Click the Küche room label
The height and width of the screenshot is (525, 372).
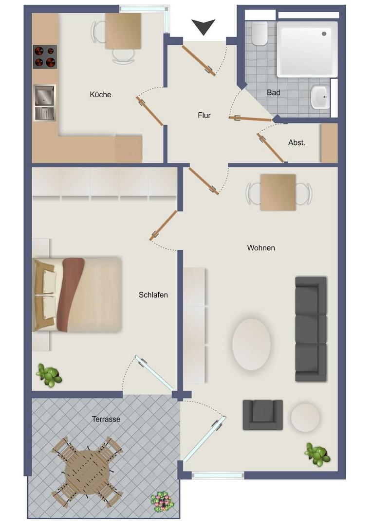100,95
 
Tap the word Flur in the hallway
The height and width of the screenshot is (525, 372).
205,116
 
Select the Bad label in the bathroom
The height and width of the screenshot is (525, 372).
273,93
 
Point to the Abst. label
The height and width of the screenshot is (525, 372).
297,142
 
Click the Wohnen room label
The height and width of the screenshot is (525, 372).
261,248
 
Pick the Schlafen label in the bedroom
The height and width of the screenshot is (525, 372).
153,295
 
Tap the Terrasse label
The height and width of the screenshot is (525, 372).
106,419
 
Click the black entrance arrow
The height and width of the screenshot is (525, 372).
203,27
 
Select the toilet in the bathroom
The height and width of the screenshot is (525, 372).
260,33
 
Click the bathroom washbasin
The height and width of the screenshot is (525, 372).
320,97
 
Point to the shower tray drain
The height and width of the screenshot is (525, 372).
324,34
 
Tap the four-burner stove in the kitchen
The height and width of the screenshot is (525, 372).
45,57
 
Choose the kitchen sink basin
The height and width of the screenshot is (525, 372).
44,95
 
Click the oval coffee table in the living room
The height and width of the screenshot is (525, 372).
252,344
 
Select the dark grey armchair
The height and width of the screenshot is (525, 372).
262,415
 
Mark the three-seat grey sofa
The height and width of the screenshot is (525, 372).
311,329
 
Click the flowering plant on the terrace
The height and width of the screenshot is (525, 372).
162,502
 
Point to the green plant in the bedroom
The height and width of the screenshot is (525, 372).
49,375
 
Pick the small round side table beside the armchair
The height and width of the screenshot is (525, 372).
305,417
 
